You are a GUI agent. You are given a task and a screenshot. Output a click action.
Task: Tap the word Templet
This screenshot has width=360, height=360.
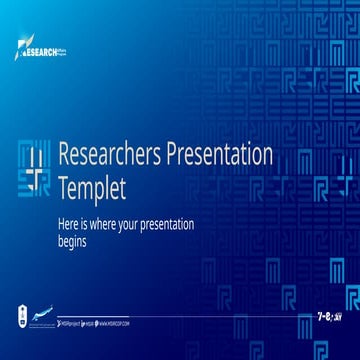93,185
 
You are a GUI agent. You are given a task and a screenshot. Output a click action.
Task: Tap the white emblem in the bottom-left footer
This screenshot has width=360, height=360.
22,313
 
